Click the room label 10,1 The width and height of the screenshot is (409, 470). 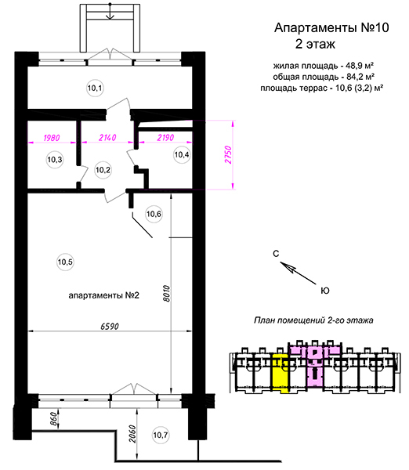[95, 88]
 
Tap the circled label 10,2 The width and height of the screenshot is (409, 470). [103, 170]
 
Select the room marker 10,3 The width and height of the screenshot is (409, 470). [55, 160]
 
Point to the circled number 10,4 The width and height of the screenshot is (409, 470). [182, 154]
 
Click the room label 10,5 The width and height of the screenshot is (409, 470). [65, 262]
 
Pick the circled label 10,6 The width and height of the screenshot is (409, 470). [154, 214]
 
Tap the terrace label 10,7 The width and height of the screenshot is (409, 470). [161, 435]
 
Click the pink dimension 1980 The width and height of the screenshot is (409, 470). [52, 138]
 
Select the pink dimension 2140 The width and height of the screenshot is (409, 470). [107, 138]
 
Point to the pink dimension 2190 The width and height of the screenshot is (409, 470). [165, 138]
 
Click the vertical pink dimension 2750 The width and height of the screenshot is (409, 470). [228, 154]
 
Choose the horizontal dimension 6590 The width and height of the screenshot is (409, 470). [110, 326]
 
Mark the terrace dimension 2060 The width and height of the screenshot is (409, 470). [132, 434]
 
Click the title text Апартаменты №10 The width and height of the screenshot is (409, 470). [331, 27]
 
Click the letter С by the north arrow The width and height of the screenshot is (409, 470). [276, 254]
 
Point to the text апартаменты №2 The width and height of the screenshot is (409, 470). [103, 295]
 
